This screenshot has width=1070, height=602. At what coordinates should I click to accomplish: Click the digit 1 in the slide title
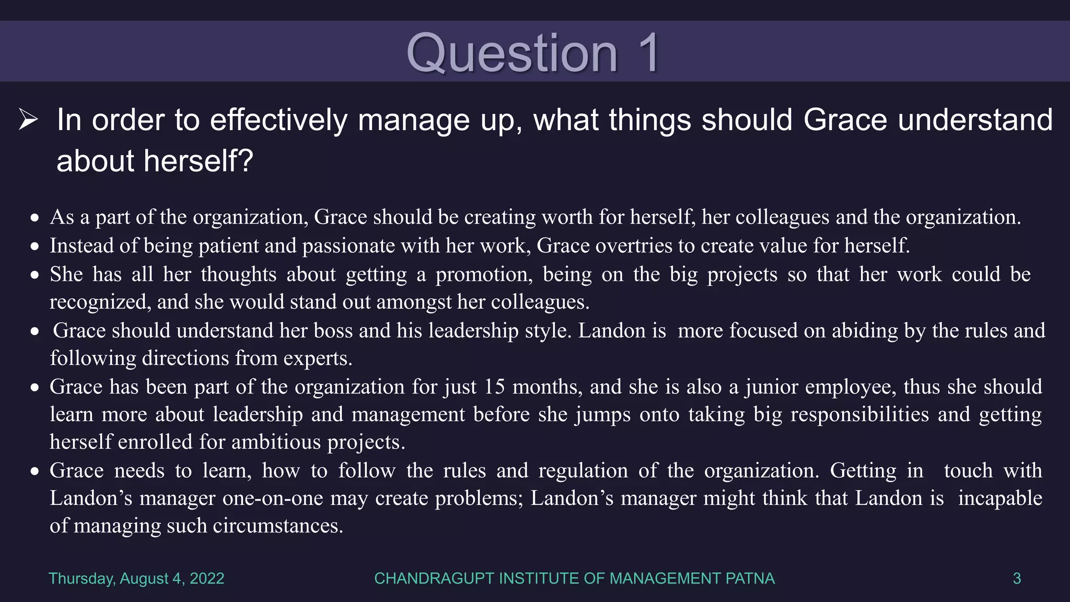[649, 53]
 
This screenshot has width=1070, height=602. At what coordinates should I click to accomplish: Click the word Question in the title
[512, 54]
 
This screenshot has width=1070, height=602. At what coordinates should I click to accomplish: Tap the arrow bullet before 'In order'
[28, 120]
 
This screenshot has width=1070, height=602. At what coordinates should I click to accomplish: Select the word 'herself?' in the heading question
[199, 160]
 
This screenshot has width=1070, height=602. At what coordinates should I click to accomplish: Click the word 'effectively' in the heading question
[278, 120]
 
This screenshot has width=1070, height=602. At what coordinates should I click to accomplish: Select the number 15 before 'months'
[494, 387]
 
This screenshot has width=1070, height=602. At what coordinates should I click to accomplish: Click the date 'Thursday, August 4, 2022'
[136, 578]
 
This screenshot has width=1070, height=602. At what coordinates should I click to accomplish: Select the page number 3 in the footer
[1017, 578]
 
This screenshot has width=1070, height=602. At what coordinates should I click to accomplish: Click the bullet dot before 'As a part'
[35, 218]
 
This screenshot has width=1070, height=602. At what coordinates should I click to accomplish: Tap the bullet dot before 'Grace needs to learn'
[35, 471]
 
